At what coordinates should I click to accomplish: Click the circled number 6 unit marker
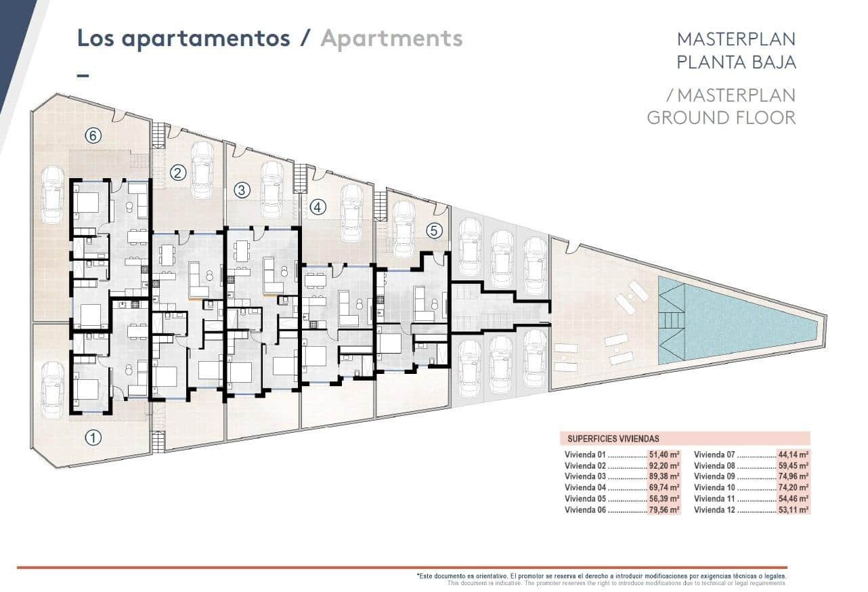[93, 135]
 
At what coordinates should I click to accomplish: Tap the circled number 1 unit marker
[93, 438]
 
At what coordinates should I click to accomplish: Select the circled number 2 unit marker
[178, 173]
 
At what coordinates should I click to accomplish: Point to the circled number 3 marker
[242, 190]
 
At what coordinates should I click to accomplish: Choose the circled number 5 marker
[434, 230]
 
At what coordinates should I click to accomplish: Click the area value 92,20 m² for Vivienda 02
[664, 466]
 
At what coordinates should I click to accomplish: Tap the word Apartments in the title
[391, 38]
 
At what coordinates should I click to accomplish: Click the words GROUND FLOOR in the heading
[721, 117]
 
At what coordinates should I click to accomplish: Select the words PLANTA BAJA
[736, 62]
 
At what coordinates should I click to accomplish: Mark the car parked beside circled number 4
[351, 212]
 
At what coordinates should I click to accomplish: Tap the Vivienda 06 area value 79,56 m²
[664, 509]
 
